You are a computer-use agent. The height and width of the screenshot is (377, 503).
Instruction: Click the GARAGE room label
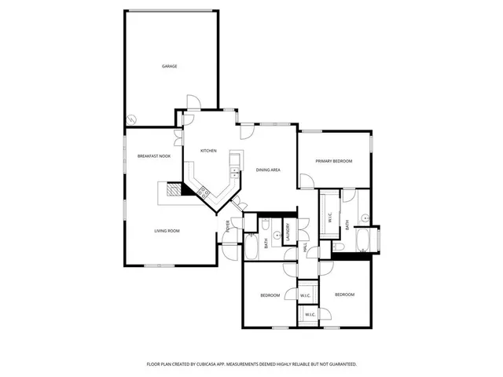pyautogui.click(x=169, y=67)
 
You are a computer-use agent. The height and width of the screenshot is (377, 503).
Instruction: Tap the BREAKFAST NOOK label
pyautogui.click(x=153, y=156)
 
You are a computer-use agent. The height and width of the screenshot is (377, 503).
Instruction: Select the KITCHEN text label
pyautogui.click(x=207, y=151)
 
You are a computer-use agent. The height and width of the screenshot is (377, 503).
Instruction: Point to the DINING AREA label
pyautogui.click(x=269, y=170)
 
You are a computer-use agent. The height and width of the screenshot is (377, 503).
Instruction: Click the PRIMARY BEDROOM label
pyautogui.click(x=333, y=161)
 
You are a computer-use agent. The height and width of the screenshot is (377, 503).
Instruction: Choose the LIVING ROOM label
pyautogui.click(x=167, y=231)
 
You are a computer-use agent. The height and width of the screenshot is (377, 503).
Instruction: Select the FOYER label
pyautogui.click(x=227, y=229)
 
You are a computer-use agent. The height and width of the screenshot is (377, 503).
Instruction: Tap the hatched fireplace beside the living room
pyautogui.click(x=170, y=191)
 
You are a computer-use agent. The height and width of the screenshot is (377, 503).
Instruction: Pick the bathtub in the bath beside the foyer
pyautogui.click(x=253, y=247)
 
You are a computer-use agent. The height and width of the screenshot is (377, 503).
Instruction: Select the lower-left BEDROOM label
pyautogui.click(x=270, y=295)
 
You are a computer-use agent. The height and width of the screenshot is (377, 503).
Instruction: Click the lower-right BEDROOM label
pyautogui.click(x=344, y=295)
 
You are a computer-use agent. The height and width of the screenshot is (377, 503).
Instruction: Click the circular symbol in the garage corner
pyautogui.click(x=132, y=119)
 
